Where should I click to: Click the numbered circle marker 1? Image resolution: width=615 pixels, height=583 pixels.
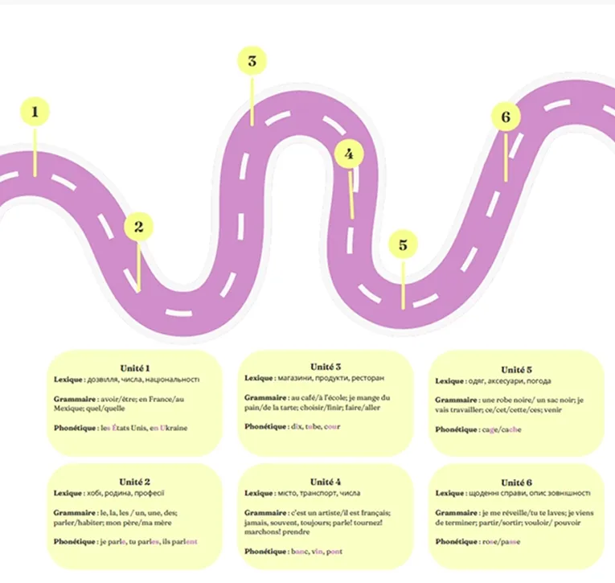tap(35, 113)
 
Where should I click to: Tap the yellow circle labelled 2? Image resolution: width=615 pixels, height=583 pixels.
tap(138, 228)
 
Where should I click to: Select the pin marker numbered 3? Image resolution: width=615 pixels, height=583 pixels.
tap(252, 61)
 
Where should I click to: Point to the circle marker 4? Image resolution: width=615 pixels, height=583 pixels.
tap(348, 154)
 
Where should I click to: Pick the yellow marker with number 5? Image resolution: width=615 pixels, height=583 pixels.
tap(403, 245)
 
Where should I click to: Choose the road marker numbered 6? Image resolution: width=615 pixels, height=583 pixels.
tap(505, 117)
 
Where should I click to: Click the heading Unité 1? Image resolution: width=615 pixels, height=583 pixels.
tap(135, 368)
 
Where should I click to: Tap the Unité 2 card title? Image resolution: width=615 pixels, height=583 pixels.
tap(135, 482)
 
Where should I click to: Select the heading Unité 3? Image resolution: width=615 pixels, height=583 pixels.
tap(326, 367)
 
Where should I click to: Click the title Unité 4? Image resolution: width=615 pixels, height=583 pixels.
tap(326, 482)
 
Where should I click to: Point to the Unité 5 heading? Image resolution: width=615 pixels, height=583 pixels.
tap(517, 370)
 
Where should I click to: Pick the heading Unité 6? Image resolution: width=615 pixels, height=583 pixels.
tap(517, 482)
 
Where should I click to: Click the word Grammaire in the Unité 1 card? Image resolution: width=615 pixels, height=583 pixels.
tap(75, 397)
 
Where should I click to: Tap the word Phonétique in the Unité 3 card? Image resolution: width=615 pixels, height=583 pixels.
tap(266, 426)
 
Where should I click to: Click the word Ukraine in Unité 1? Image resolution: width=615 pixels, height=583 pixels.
tap(173, 428)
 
